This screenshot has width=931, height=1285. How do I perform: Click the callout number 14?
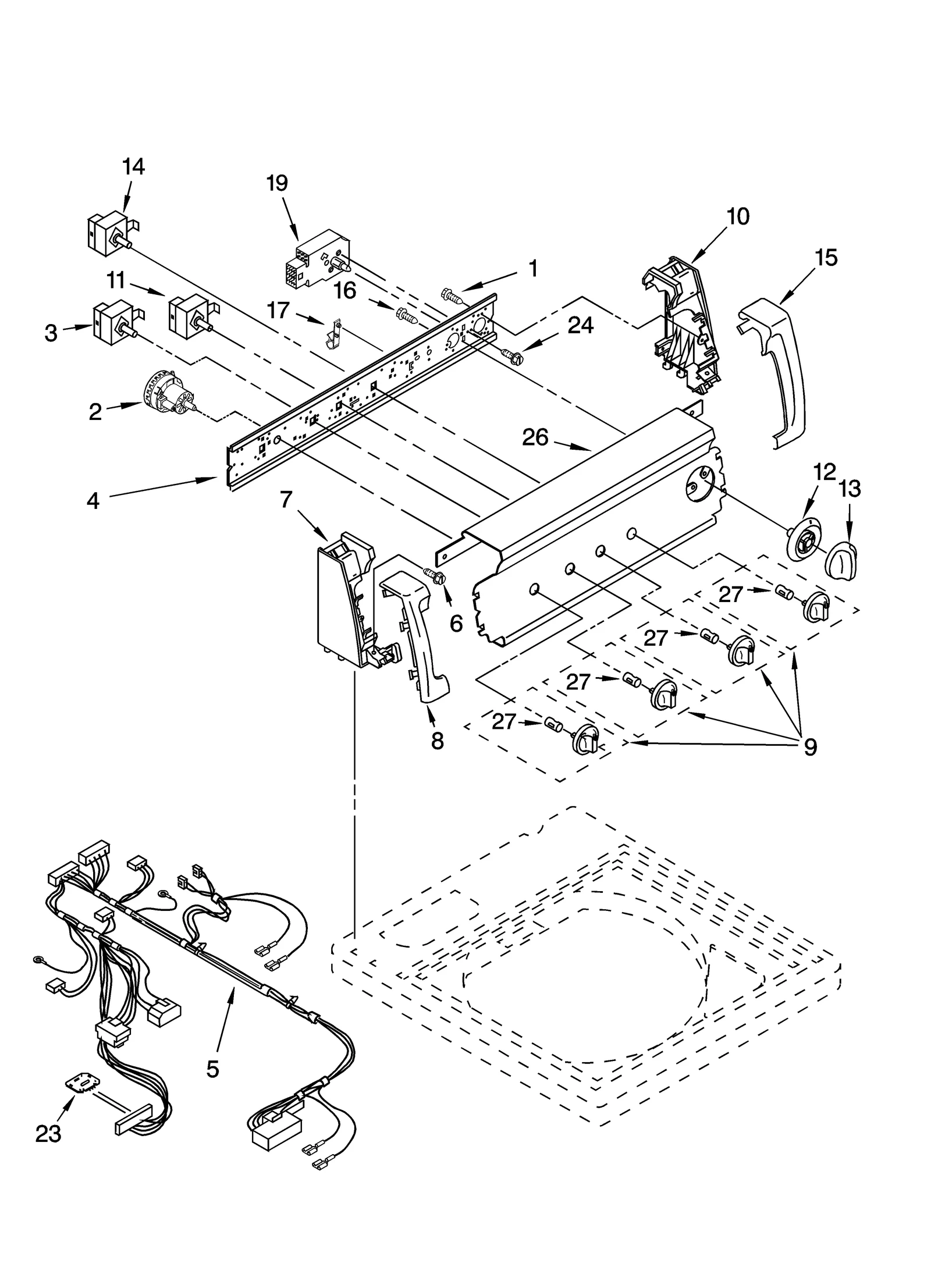[x=133, y=166]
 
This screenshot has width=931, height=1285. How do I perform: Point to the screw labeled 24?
[x=509, y=353]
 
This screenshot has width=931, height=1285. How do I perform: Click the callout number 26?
[x=535, y=437]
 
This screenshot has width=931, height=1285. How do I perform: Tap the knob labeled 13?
[x=842, y=561]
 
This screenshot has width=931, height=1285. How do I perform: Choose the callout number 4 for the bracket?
[x=93, y=500]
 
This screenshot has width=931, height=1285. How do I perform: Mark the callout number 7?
[x=286, y=499]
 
